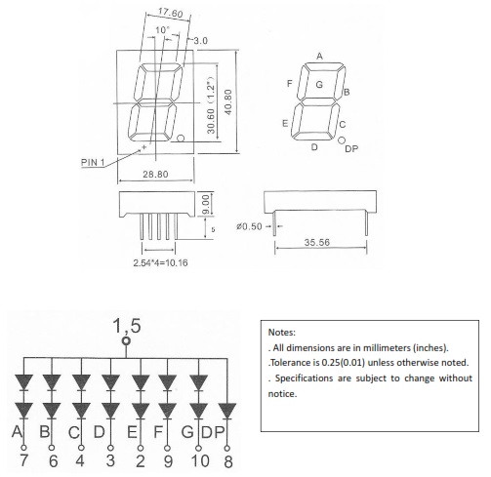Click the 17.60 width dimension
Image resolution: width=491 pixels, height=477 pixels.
(171, 13)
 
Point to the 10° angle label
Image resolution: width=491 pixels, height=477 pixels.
(162, 30)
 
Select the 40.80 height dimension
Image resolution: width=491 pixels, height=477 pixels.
(228, 101)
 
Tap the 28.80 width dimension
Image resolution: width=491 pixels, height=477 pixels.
(155, 175)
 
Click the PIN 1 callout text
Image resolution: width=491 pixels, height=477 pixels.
(93, 162)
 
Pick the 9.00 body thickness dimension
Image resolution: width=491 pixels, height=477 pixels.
(207, 205)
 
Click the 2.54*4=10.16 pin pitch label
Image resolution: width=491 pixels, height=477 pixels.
(160, 262)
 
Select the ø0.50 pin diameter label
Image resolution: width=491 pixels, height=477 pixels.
(249, 226)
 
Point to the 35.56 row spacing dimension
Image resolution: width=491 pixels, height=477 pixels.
(316, 243)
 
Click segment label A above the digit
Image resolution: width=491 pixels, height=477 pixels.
(319, 57)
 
